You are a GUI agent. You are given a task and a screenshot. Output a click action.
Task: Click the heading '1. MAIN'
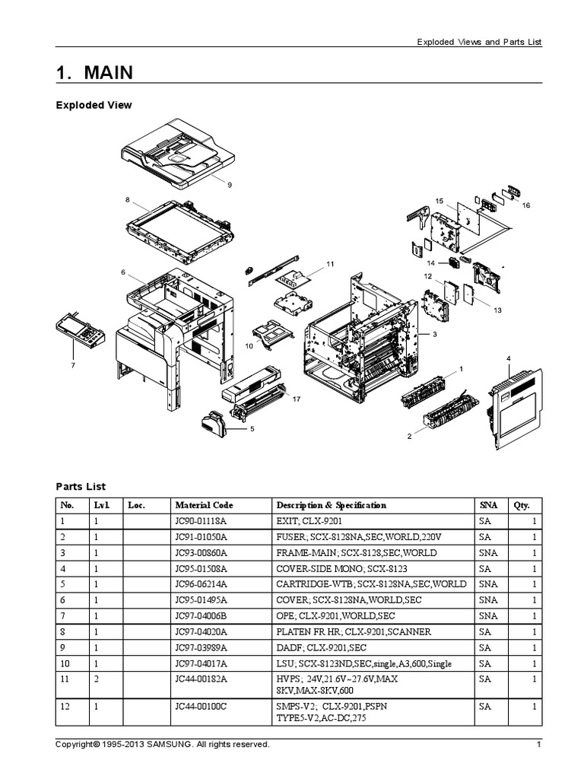pyautogui.click(x=94, y=72)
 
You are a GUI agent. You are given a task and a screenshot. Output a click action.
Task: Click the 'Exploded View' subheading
pyautogui.click(x=94, y=105)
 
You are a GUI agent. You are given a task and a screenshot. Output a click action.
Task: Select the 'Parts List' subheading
pyautogui.click(x=81, y=486)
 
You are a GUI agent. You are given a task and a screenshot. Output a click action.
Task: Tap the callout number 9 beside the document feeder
pyautogui.click(x=229, y=184)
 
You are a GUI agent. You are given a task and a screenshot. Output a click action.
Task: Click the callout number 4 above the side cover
pyautogui.click(x=509, y=358)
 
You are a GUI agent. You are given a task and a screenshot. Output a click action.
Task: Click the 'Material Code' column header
pyautogui.click(x=204, y=505)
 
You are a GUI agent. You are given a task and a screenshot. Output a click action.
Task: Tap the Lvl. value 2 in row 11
pyautogui.click(x=97, y=680)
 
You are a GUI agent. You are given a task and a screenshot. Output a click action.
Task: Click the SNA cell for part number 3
pyautogui.click(x=487, y=553)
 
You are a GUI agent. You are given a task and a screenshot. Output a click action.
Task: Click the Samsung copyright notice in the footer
pyautogui.click(x=163, y=744)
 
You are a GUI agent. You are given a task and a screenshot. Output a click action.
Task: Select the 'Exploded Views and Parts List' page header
pyautogui.click(x=478, y=43)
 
